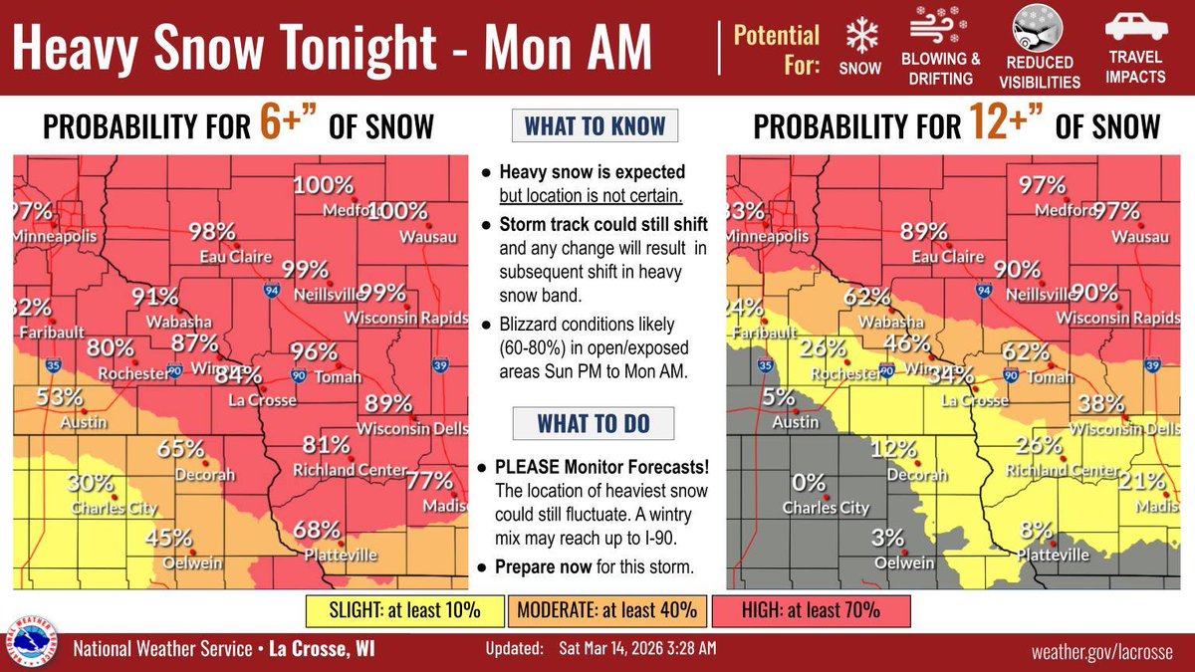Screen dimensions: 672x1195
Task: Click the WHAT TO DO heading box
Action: pos(594,422)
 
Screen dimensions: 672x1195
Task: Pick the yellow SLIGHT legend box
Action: pos(406,607)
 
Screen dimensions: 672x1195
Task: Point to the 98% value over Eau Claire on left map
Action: pos(211,232)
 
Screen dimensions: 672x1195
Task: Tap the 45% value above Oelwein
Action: pos(168,538)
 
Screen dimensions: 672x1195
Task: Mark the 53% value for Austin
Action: pos(60,396)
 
